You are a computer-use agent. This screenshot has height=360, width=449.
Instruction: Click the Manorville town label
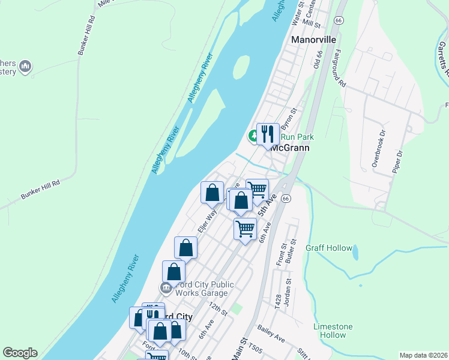tap(314, 40)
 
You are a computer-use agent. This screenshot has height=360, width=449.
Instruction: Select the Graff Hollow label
tap(329, 248)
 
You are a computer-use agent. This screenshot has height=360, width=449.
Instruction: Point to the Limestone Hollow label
tap(333, 331)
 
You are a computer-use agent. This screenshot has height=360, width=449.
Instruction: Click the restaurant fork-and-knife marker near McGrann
tap(267, 133)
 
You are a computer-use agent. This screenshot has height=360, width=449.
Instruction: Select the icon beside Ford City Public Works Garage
tap(166, 289)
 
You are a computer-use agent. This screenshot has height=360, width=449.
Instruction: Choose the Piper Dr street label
tap(396, 162)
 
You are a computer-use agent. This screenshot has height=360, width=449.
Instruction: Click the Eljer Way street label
tap(207, 220)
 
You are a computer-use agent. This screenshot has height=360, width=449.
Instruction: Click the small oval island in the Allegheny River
tap(241, 67)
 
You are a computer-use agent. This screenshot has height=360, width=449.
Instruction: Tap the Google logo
tap(20, 353)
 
